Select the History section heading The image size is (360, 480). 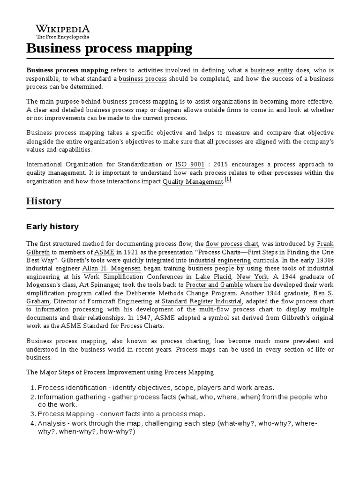coord(44,201)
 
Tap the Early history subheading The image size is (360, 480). coord(52,227)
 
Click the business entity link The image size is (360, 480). coord(271,70)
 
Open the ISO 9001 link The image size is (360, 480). coord(189,165)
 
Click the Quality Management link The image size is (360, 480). coord(193,181)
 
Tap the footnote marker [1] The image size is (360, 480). coord(228,179)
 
